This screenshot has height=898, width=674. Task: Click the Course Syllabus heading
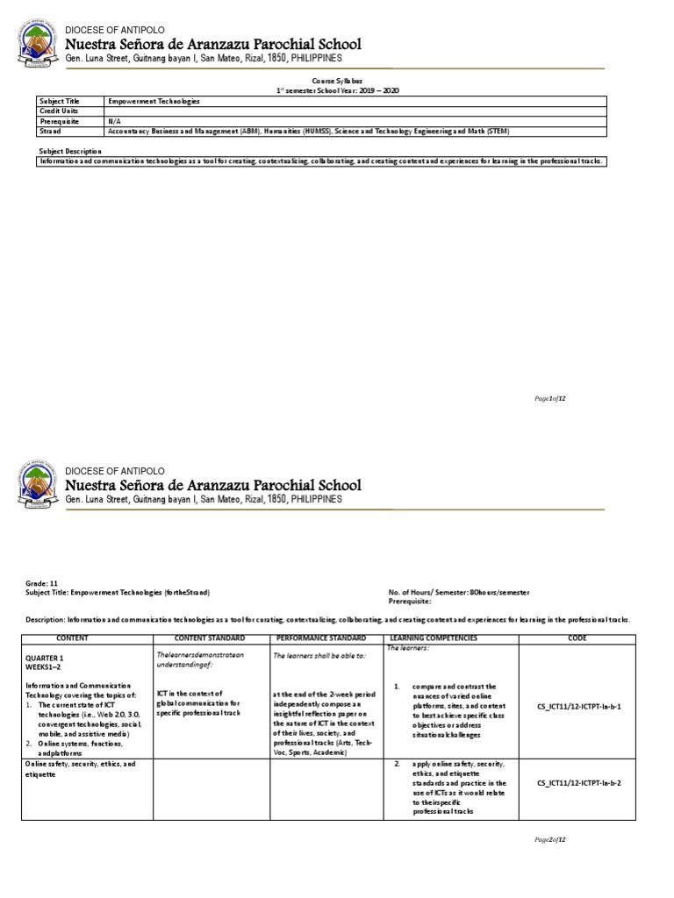pyautogui.click(x=337, y=80)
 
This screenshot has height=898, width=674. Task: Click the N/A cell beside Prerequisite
pyautogui.click(x=114, y=121)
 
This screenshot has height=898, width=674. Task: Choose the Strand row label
pyautogui.click(x=50, y=131)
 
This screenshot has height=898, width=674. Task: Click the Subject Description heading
pyautogui.click(x=70, y=151)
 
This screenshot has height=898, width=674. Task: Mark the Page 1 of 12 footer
pyautogui.click(x=551, y=398)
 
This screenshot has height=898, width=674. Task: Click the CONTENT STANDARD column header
pyautogui.click(x=210, y=638)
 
